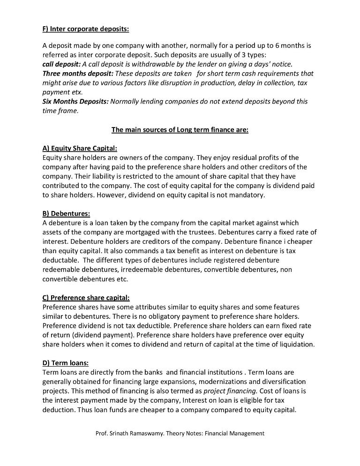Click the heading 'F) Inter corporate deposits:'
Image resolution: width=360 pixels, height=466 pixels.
[86, 29]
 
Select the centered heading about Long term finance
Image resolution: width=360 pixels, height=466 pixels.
[180, 130]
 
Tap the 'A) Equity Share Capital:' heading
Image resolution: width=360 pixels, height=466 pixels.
[80, 149]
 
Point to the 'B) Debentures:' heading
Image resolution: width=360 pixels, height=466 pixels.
[66, 214]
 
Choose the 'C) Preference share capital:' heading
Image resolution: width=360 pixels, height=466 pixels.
[86, 298]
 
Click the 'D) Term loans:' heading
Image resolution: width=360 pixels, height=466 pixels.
[66, 363]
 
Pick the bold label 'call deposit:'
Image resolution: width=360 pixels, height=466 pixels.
[61, 64]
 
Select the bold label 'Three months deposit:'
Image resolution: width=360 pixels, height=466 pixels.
[77, 74]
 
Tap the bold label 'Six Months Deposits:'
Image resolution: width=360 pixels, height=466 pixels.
[75, 102]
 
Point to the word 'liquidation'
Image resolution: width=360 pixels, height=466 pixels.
[297, 345]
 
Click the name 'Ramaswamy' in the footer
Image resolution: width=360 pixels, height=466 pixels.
[156, 434]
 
